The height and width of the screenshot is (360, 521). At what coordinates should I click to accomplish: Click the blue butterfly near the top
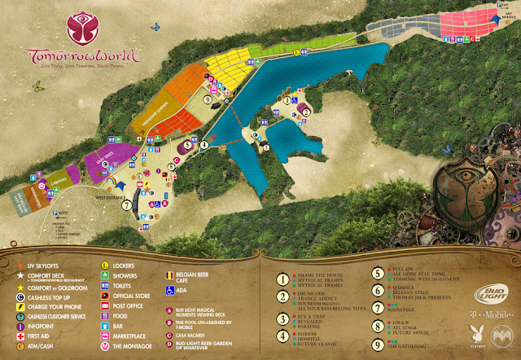[x=151, y=25]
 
